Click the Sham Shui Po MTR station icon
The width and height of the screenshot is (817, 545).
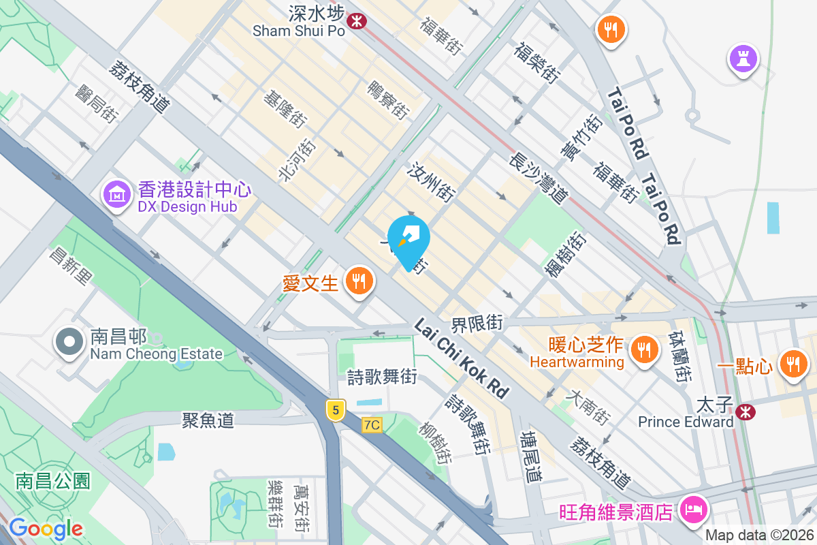point(355,21)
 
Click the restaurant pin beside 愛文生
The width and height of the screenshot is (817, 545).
point(358,281)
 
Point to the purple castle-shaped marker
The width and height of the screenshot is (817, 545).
point(743,59)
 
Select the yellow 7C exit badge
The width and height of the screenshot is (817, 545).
point(372,425)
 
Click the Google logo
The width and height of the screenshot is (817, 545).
point(46,529)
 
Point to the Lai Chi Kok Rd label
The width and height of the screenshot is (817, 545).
point(462,358)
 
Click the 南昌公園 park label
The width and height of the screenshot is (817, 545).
point(53,481)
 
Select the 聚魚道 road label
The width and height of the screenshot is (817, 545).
point(208,420)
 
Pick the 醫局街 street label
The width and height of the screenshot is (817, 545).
point(97,103)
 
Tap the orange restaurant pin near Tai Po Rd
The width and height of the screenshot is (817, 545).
point(611,29)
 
